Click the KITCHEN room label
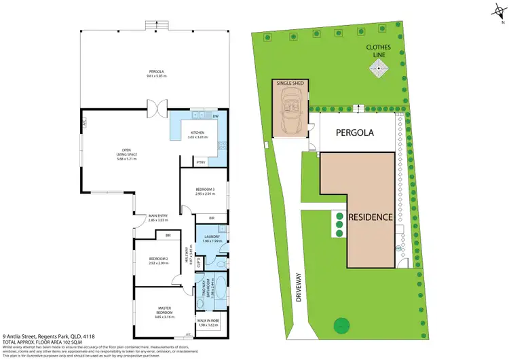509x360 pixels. click(197, 133)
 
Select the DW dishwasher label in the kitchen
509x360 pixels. click(215, 117)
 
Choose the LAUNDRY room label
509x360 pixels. click(212, 237)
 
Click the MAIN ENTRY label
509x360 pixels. click(157, 218)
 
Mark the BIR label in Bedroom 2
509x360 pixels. click(168, 236)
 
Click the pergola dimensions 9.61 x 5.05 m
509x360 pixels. click(157, 76)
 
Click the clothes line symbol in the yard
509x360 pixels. click(377, 67)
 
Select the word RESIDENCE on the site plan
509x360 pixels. click(371, 217)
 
